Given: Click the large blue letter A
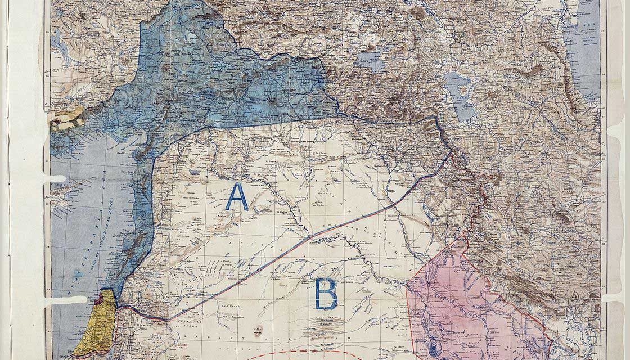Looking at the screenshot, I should pyautogui.click(x=237, y=197).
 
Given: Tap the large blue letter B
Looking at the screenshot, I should pyautogui.click(x=326, y=294).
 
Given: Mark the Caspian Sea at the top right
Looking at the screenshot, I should pyautogui.click(x=582, y=51).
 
